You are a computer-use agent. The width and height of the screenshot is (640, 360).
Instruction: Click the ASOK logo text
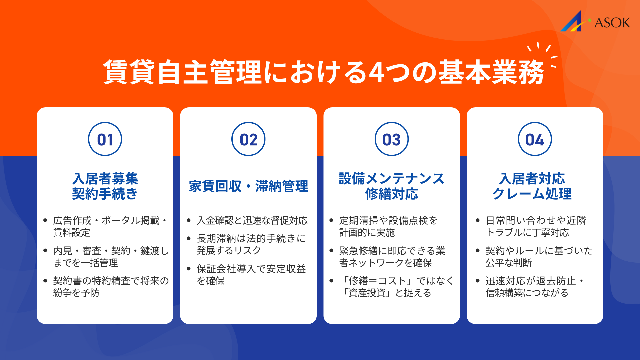pyautogui.click(x=612, y=23)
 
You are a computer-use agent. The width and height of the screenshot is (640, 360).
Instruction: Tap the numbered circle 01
pyautogui.click(x=105, y=139)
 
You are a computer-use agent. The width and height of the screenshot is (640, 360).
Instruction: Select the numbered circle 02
pyautogui.click(x=248, y=139)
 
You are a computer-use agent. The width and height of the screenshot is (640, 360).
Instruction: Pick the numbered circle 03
pyautogui.click(x=392, y=139)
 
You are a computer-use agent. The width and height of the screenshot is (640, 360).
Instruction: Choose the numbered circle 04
pyautogui.click(x=535, y=139)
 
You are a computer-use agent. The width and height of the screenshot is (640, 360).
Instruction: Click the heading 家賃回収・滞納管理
pyautogui.click(x=248, y=186)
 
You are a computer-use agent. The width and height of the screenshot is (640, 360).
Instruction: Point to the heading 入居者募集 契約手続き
pyautogui.click(x=105, y=186)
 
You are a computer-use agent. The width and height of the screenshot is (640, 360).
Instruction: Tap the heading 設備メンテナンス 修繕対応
pyautogui.click(x=392, y=186)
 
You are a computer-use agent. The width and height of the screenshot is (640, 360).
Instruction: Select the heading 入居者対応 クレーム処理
pyautogui.click(x=532, y=186)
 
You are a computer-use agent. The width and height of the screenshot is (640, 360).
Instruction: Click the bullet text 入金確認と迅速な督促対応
pyautogui.click(x=252, y=220)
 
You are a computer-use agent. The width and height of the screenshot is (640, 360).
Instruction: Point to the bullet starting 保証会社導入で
pyautogui.click(x=251, y=275)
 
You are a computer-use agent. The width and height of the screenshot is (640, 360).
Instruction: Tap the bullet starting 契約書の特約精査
pyautogui.click(x=111, y=287)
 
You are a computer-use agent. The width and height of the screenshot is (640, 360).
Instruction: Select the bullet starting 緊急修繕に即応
pyautogui.click(x=392, y=257)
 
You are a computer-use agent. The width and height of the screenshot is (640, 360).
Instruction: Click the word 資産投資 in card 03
pyautogui.click(x=367, y=293)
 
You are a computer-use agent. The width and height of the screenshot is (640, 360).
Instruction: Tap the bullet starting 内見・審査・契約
pyautogui.click(x=111, y=257)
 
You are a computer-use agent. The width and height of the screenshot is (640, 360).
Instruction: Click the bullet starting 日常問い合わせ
pyautogui.click(x=536, y=226)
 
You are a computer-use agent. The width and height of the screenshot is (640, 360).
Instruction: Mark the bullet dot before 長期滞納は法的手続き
pyautogui.click(x=189, y=238)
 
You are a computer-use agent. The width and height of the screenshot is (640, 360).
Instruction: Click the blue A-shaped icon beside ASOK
pyautogui.click(x=572, y=22)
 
